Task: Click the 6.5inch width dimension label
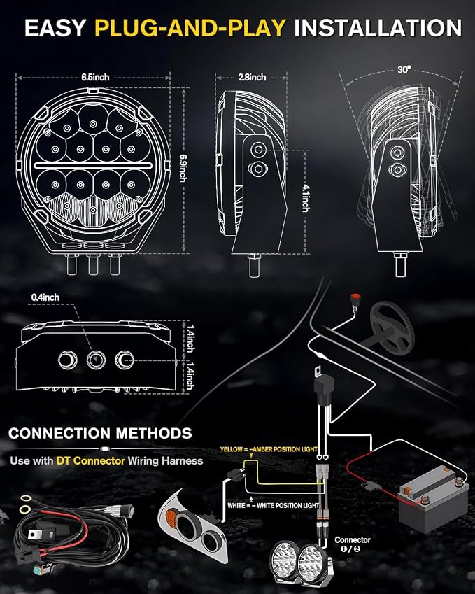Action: coord(95,77)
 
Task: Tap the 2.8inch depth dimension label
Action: coord(252,77)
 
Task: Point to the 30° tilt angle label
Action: coord(404,70)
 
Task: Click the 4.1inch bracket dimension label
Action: coord(306,198)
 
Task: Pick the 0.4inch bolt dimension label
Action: coord(45,297)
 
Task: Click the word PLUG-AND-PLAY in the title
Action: coord(190,28)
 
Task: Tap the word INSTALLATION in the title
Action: coord(378,28)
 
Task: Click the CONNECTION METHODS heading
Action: coord(100,433)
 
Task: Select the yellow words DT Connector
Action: coord(90,460)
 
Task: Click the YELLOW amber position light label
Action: coord(269,449)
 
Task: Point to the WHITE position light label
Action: coord(273,505)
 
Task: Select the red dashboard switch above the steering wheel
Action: coord(355,297)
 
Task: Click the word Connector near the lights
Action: coord(353,540)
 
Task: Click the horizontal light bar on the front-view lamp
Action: coord(93,166)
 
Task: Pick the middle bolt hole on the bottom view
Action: coord(95,360)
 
